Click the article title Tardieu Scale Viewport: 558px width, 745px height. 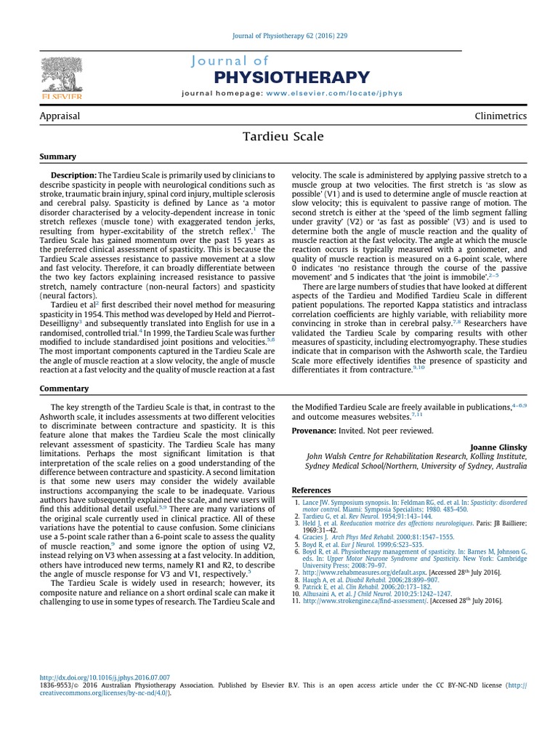[x=279, y=136]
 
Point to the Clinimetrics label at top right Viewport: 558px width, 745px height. [x=501, y=116]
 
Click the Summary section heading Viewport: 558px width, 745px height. [x=57, y=156]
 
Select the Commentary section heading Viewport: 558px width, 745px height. [x=64, y=388]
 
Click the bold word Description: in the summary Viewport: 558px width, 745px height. [x=73, y=175]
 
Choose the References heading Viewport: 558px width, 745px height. [x=311, y=490]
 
